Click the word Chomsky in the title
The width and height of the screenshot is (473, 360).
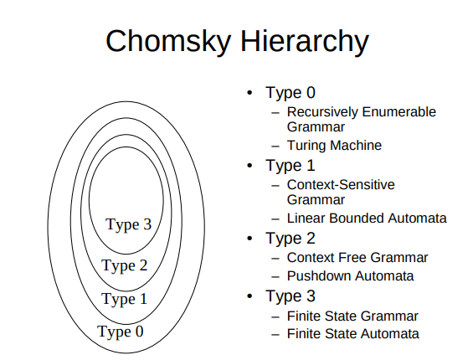pos(168,42)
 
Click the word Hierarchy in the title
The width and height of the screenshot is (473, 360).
pos(305,42)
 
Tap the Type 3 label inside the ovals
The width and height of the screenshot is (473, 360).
pos(129,225)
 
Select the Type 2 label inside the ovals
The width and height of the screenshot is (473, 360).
pos(125,266)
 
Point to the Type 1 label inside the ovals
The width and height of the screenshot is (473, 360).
pos(124,300)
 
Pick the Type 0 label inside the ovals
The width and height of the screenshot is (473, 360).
pos(121,332)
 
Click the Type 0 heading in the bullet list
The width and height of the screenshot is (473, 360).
pos(290,93)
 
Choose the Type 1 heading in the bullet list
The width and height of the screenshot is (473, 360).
pos(290,166)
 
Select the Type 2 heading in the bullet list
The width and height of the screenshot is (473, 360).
pos(290,239)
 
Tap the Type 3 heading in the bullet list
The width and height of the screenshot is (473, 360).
pos(290,296)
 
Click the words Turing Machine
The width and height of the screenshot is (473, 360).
pos(334,146)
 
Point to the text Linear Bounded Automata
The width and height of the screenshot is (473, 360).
pos(367,219)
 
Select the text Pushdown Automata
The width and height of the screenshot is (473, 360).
pos(350,275)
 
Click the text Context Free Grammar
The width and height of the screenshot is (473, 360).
pos(357,257)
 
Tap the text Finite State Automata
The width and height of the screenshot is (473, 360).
pos(353,334)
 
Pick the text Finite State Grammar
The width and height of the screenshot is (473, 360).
pos(352,316)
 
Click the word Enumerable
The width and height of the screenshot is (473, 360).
pos(399,112)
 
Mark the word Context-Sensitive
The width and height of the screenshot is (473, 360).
pos(341,185)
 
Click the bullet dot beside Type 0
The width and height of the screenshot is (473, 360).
pos(249,93)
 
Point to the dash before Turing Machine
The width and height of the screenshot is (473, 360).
pos(275,147)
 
